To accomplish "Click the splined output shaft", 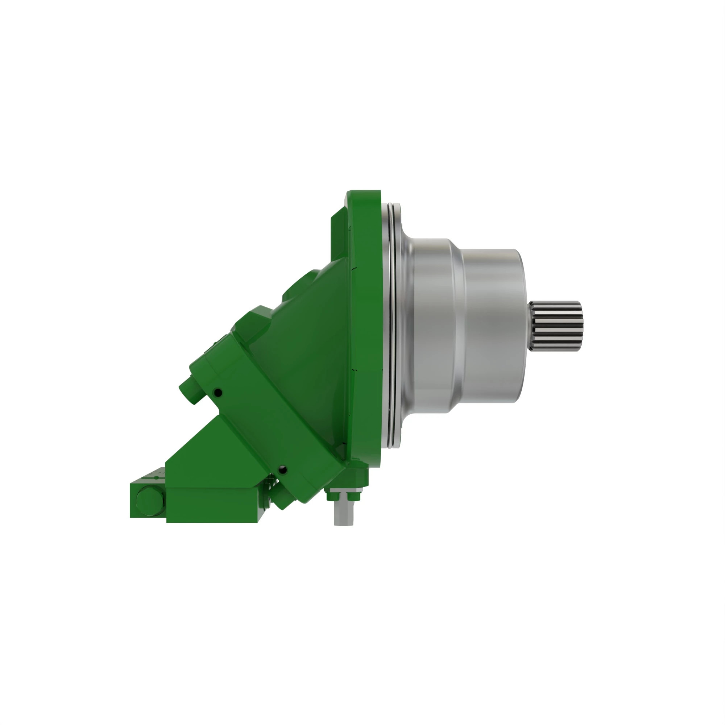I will pyautogui.click(x=556, y=326).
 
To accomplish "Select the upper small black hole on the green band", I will pyautogui.click(x=217, y=393).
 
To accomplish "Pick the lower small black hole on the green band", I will pyautogui.click(x=283, y=469).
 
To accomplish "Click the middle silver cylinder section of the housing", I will pyautogui.click(x=435, y=326).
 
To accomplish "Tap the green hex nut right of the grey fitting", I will pyautogui.click(x=355, y=496).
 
